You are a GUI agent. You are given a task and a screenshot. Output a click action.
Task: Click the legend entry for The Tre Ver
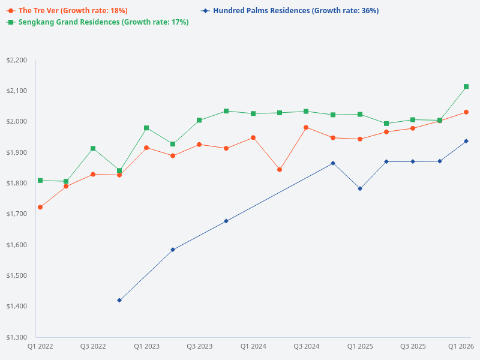[x=67, y=11]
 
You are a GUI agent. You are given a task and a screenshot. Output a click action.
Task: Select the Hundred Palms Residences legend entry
[x=290, y=11]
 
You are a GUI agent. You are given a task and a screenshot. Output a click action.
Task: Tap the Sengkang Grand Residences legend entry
[x=98, y=22]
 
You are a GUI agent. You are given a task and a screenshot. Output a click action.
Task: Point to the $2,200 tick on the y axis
[x=16, y=60]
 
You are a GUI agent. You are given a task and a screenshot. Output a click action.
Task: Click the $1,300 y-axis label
[x=16, y=337]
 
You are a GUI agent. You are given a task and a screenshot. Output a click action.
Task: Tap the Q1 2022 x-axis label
[x=40, y=346]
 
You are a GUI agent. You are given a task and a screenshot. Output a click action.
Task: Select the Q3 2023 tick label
[x=200, y=346]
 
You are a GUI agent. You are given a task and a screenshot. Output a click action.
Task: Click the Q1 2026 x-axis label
[x=462, y=346]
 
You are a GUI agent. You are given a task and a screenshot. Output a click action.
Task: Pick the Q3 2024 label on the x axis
[x=306, y=346]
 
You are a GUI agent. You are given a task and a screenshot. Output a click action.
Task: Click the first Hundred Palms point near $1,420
[x=119, y=300]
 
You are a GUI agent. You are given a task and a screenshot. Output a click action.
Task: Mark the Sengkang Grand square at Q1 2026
[x=466, y=86]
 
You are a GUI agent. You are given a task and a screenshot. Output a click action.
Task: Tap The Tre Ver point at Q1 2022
[x=40, y=207]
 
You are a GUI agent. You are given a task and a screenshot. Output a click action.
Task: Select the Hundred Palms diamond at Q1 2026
[x=466, y=141]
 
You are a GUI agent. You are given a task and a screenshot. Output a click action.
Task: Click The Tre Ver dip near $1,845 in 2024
[x=280, y=170]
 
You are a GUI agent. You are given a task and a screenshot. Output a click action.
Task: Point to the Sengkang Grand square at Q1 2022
[x=40, y=181]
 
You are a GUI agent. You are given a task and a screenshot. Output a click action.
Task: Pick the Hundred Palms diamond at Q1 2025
[x=360, y=188]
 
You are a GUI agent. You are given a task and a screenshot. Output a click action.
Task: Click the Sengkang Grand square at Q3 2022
[x=93, y=148]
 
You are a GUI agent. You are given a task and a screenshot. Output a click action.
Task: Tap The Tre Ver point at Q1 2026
[x=466, y=112]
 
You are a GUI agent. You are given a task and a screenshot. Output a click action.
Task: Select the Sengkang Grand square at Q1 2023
[x=146, y=128]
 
